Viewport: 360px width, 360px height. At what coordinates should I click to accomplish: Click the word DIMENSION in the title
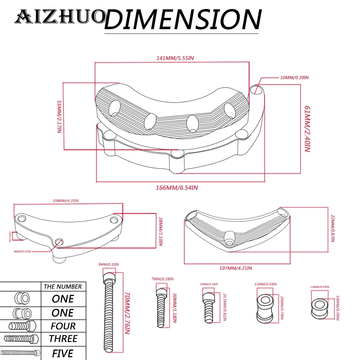tap(182, 19)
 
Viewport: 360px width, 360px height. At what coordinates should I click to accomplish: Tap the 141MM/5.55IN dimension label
tap(172, 58)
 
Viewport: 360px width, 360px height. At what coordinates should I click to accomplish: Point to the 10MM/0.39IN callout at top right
tap(294, 77)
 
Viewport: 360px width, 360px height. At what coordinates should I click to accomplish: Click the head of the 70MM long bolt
tap(109, 278)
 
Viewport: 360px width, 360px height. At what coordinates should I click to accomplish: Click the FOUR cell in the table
tap(63, 326)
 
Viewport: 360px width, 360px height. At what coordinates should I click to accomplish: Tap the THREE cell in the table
tap(63, 339)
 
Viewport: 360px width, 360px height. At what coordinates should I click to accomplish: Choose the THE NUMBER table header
tap(63, 287)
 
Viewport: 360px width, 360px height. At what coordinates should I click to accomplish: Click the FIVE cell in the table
tap(63, 353)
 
